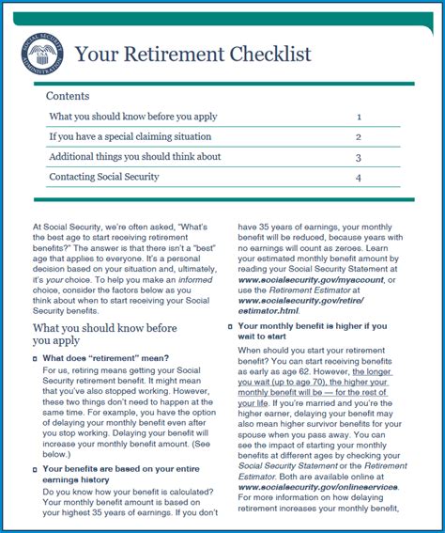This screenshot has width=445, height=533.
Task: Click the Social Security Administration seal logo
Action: (x=40, y=52)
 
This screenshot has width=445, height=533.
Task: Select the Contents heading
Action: (x=68, y=96)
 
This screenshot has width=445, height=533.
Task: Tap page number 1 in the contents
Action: (x=359, y=117)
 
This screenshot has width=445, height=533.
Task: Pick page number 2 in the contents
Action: (x=359, y=137)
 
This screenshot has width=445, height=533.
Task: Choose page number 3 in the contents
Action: (x=359, y=157)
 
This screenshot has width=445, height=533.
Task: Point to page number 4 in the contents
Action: (x=359, y=177)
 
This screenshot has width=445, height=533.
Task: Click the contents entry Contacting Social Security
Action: (x=104, y=177)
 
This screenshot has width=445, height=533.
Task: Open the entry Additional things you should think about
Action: (x=135, y=157)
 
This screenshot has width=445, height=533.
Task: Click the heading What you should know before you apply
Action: (x=104, y=334)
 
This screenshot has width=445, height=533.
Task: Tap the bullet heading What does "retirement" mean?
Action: (x=106, y=358)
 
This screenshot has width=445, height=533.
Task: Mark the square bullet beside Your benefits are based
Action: (x=36, y=467)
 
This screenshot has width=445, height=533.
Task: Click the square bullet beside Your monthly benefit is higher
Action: (x=231, y=326)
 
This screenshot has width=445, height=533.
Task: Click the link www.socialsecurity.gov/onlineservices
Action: (x=318, y=487)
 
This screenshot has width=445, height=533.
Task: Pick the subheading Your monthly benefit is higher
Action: (x=305, y=331)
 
